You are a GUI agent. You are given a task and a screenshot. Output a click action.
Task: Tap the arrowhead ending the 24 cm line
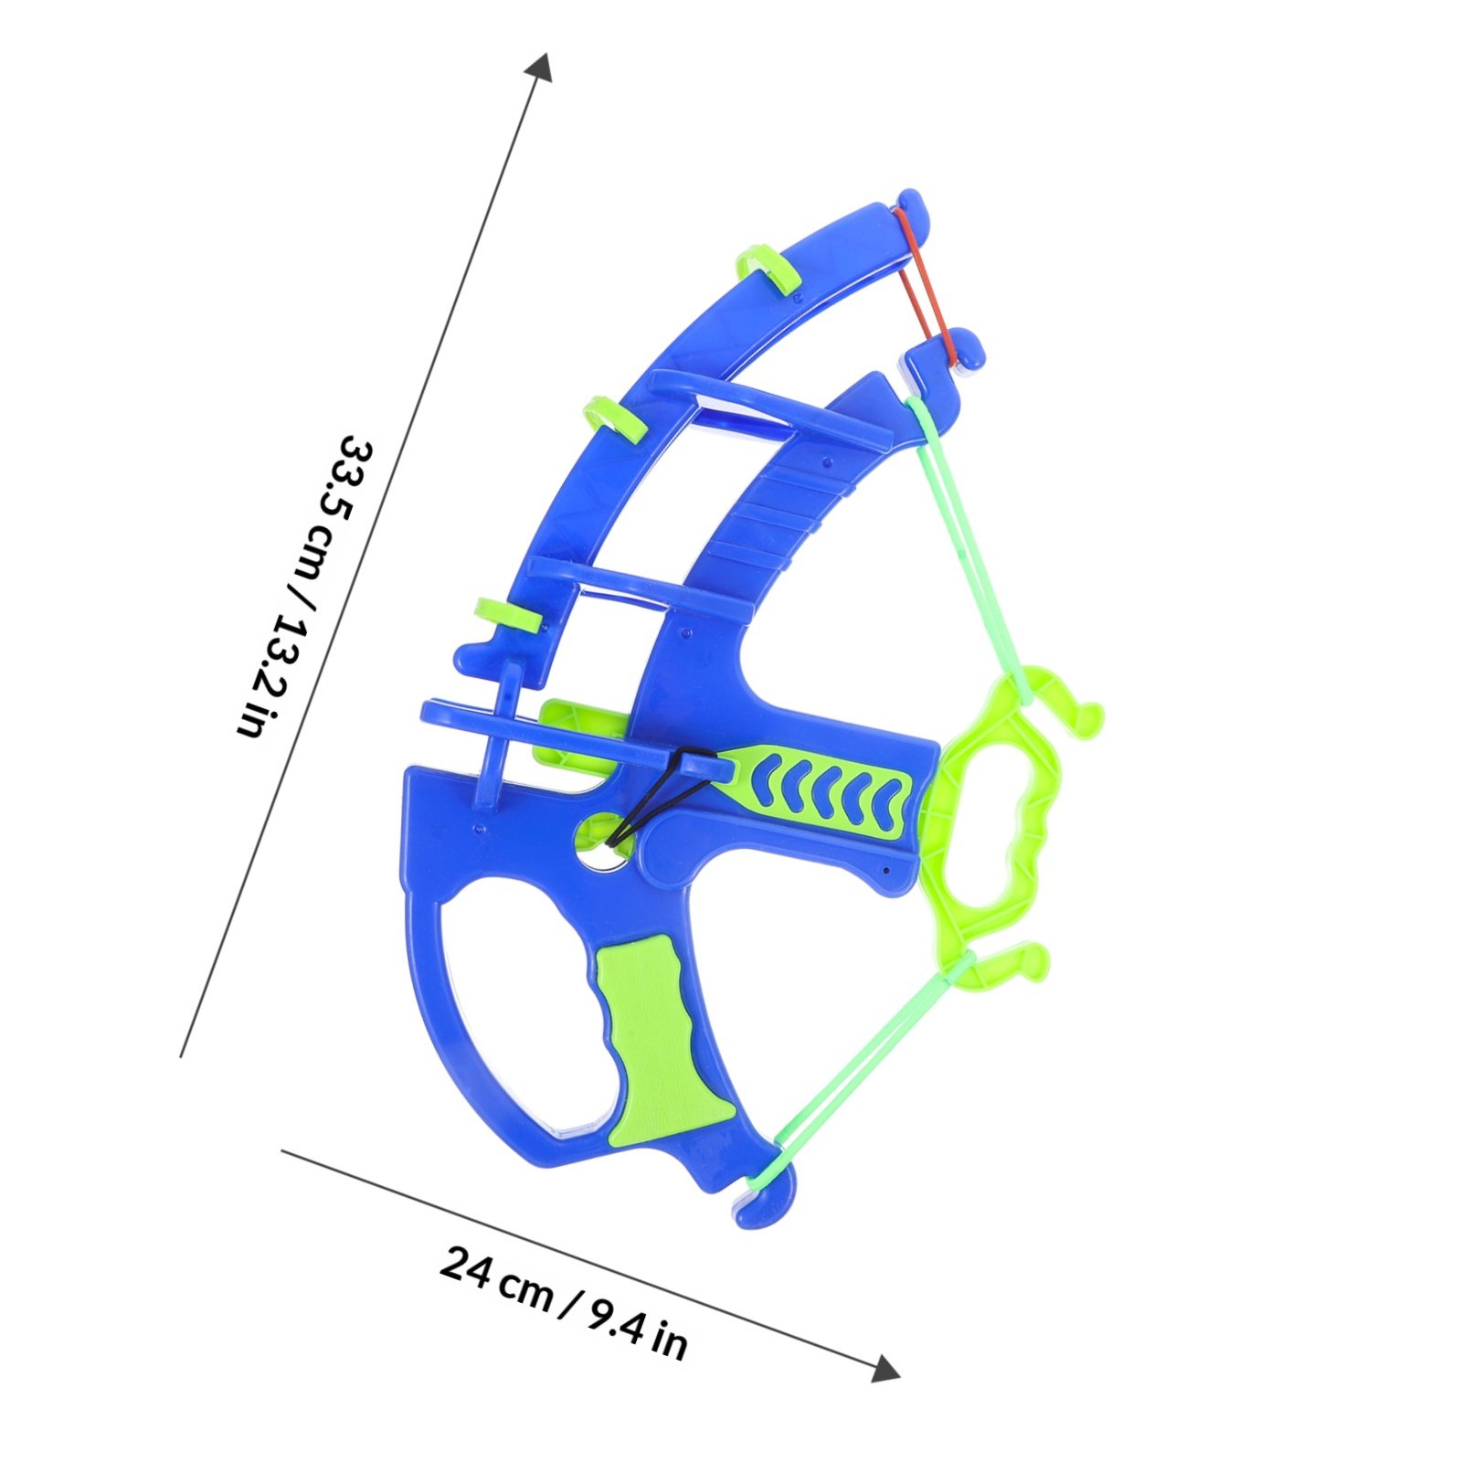tap(885, 1368)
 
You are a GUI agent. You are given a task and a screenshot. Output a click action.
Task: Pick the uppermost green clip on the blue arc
tap(766, 268)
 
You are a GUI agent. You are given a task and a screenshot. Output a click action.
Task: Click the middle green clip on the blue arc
tap(613, 418)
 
